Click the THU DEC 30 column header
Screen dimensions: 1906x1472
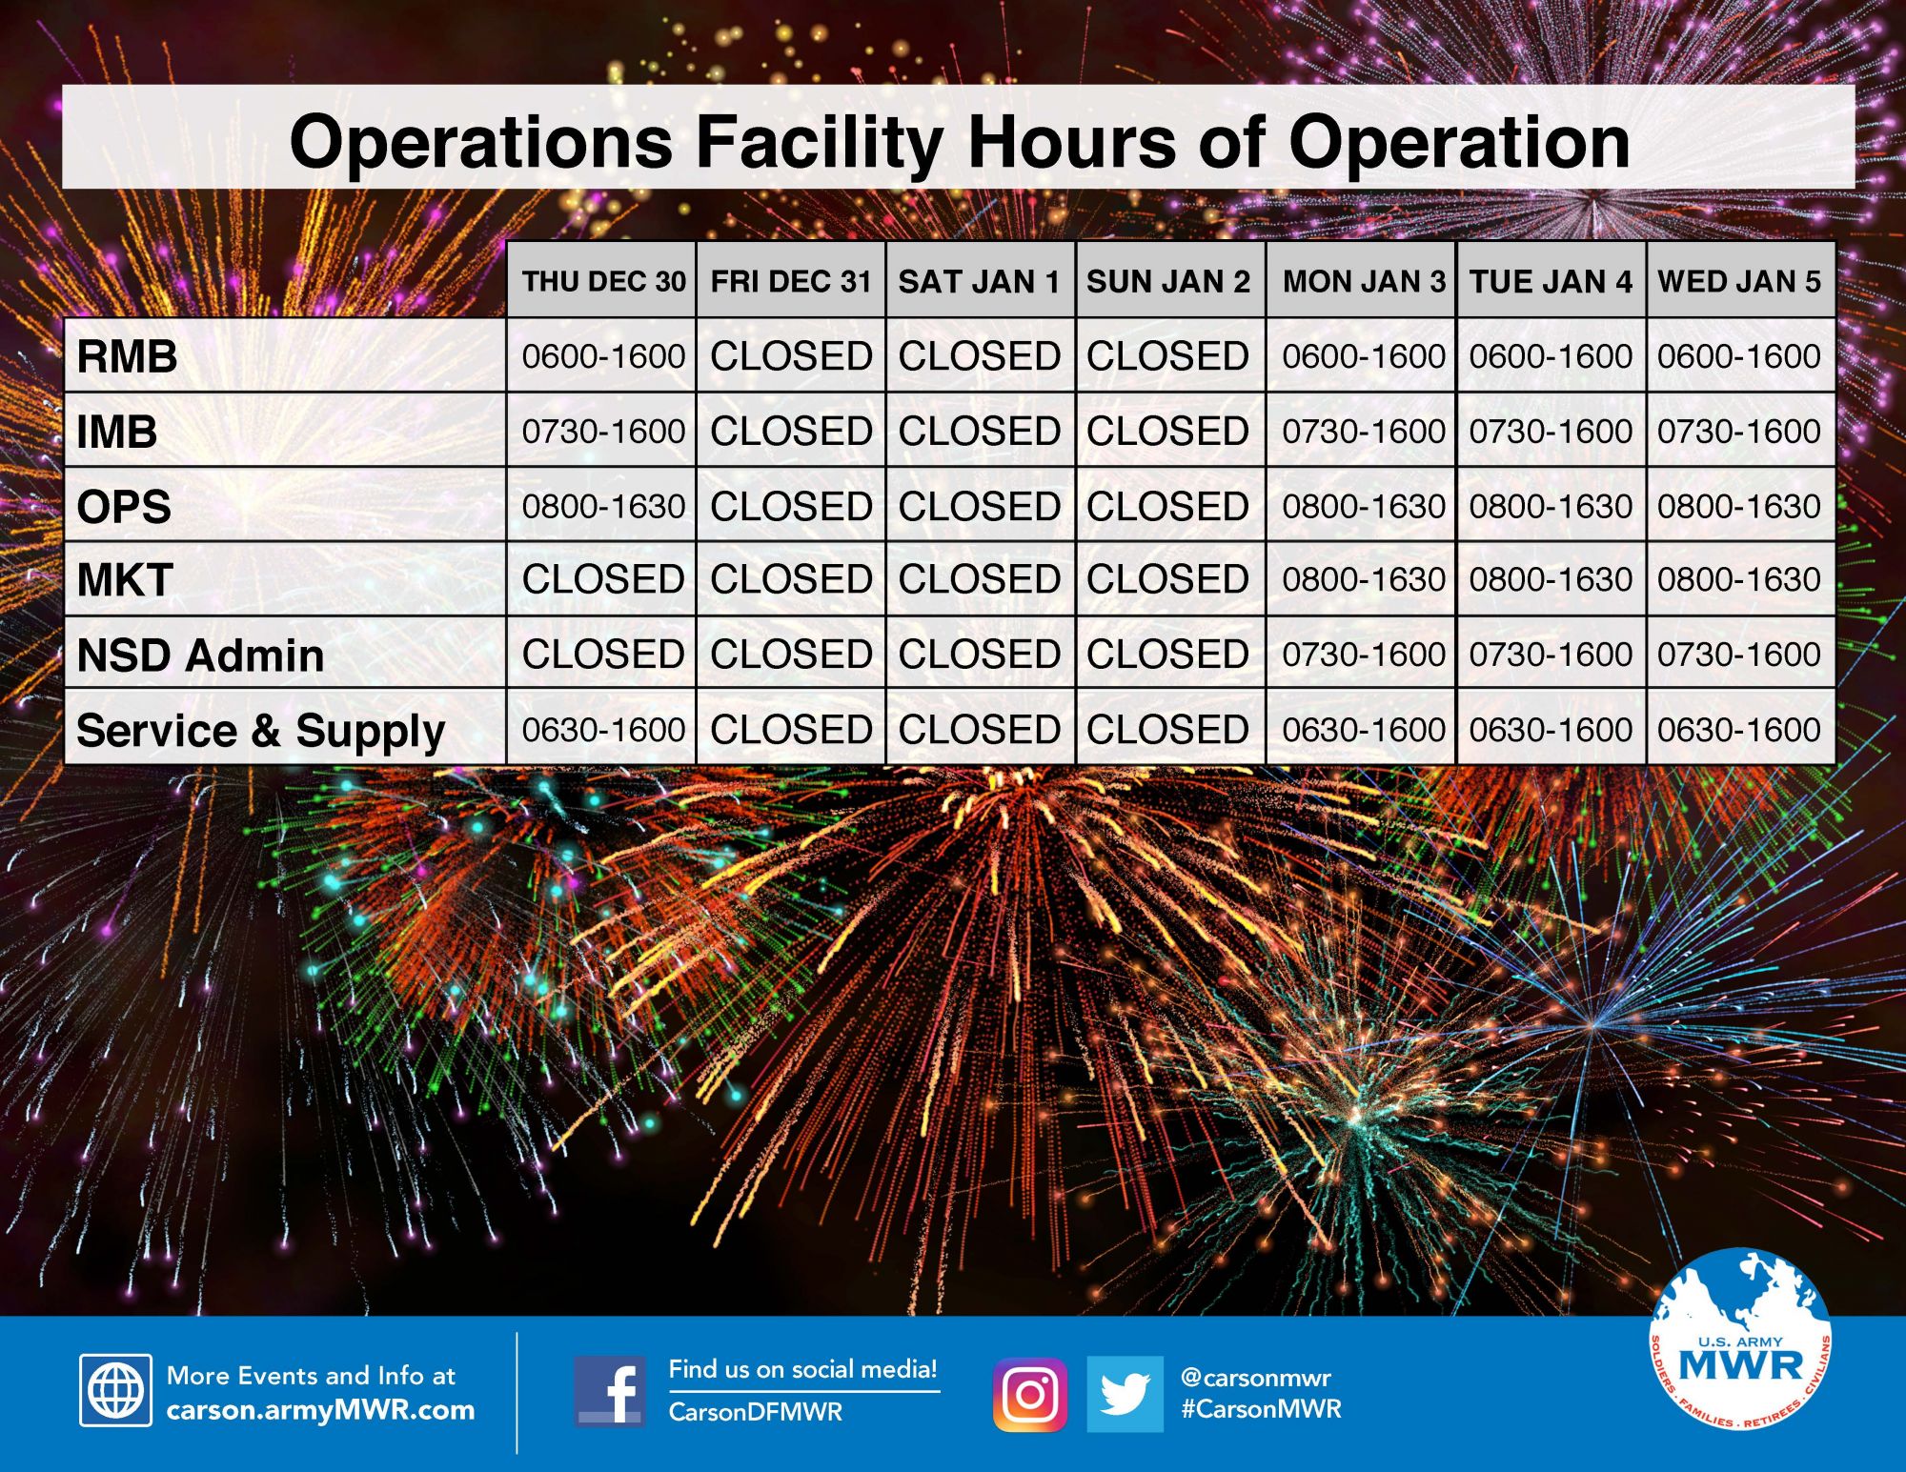pyautogui.click(x=603, y=281)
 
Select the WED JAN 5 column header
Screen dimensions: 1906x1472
pyautogui.click(x=1739, y=281)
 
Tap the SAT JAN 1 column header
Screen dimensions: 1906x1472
pyautogui.click(x=979, y=281)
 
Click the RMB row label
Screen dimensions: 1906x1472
pyautogui.click(x=127, y=356)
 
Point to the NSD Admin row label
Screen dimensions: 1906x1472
pyautogui.click(x=200, y=655)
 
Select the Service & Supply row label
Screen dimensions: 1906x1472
pyautogui.click(x=261, y=732)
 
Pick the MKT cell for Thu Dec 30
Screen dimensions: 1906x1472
pyautogui.click(x=603, y=579)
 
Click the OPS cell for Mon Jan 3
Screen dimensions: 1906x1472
pyautogui.click(x=1364, y=506)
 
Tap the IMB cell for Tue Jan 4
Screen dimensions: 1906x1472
pyautogui.click(x=1551, y=431)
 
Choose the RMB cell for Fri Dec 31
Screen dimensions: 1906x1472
pyautogui.click(x=791, y=356)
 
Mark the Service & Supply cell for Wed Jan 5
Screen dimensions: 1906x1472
pyautogui.click(x=1739, y=730)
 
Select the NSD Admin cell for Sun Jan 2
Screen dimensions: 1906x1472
pyautogui.click(x=1167, y=655)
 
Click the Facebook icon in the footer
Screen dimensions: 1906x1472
pyautogui.click(x=610, y=1392)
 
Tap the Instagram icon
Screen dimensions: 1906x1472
pyautogui.click(x=1030, y=1395)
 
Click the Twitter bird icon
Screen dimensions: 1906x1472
pyautogui.click(x=1125, y=1394)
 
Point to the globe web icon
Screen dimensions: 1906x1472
pyautogui.click(x=115, y=1390)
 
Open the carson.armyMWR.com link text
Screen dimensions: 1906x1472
pyautogui.click(x=320, y=1410)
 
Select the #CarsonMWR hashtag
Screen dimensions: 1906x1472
pyautogui.click(x=1261, y=1409)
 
